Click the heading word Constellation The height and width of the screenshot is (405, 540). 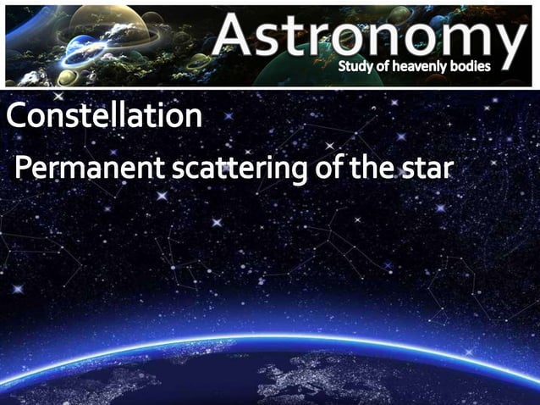105,117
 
